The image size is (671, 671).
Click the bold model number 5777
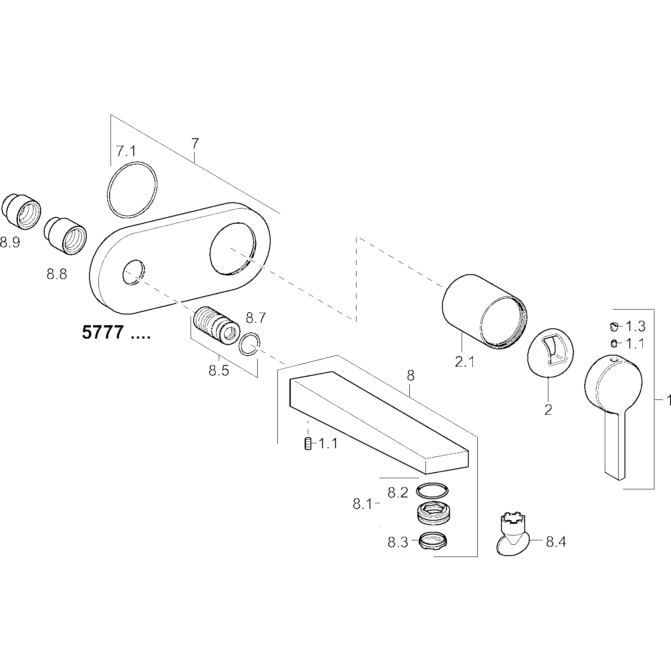click(x=102, y=333)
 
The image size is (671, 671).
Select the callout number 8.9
click(x=10, y=243)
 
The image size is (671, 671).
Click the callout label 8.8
click(x=57, y=274)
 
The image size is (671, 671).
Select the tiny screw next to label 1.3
click(x=614, y=327)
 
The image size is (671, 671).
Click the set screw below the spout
click(x=307, y=444)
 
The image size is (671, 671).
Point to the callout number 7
click(x=195, y=144)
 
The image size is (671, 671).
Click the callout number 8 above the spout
click(x=410, y=376)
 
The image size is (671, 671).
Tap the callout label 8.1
click(x=363, y=504)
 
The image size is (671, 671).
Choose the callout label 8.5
click(x=219, y=371)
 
